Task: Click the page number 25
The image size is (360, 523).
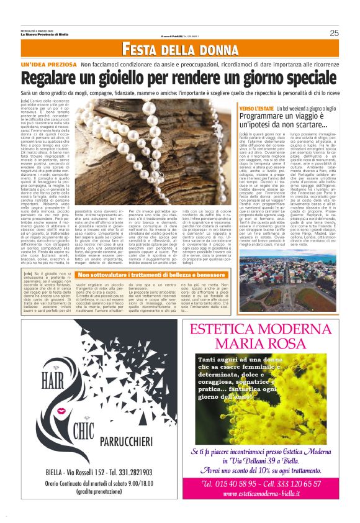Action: click(x=334, y=33)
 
